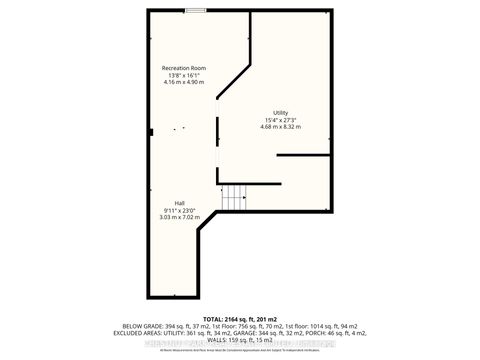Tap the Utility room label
tap(281, 113)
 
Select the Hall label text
tap(177, 203)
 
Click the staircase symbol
tap(233, 199)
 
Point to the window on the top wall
tap(196, 11)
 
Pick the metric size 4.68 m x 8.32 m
tap(281, 127)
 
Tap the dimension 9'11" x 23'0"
tap(177, 210)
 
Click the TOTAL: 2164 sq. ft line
tap(240, 319)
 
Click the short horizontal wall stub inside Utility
tap(303, 156)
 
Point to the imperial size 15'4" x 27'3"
tap(281, 120)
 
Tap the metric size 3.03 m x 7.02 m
tap(177, 217)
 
